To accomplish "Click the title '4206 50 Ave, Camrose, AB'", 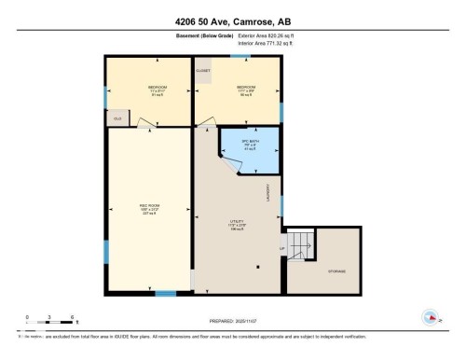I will [233, 21].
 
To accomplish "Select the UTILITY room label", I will [238, 223].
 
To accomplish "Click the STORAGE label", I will [336, 270].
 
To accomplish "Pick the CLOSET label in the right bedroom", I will [203, 70].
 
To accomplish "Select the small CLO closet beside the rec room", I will [117, 118].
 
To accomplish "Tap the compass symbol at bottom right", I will [431, 315].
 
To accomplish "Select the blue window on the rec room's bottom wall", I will [165, 294].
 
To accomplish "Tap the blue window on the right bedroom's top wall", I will [246, 57].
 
